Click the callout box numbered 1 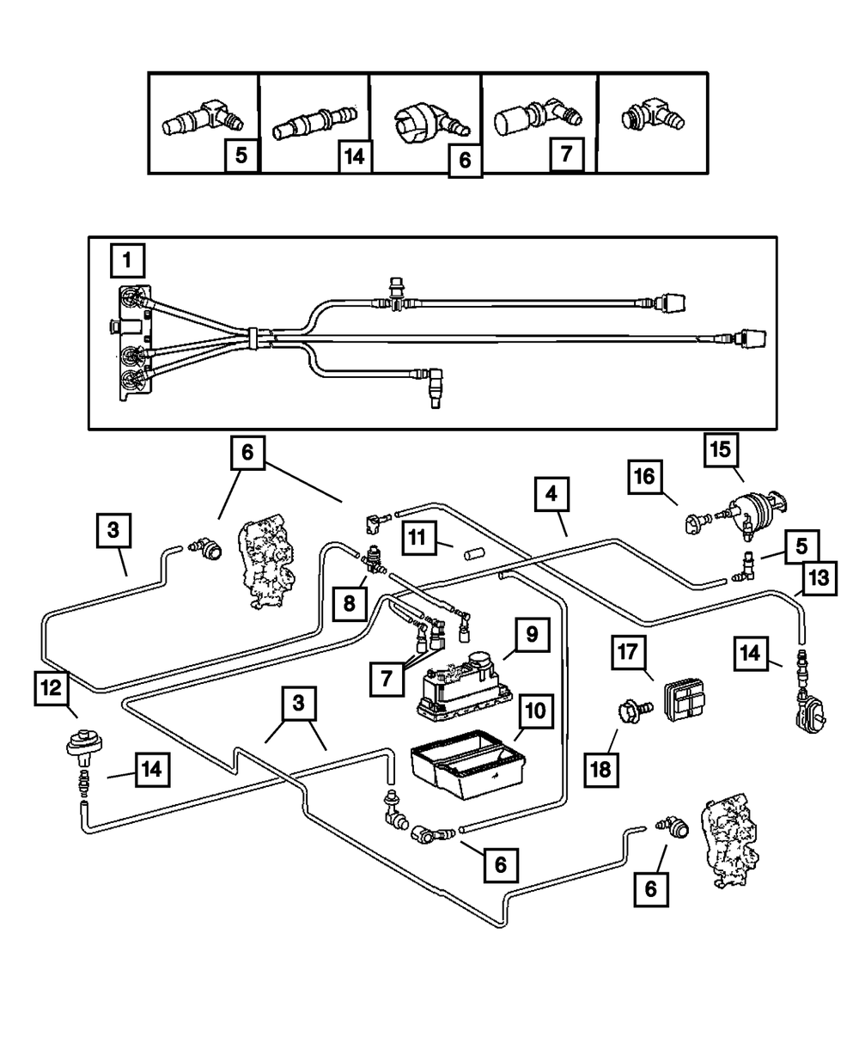127,258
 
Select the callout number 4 551,495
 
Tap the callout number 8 350,603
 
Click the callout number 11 417,539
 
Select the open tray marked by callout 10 465,759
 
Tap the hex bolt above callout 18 630,711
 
